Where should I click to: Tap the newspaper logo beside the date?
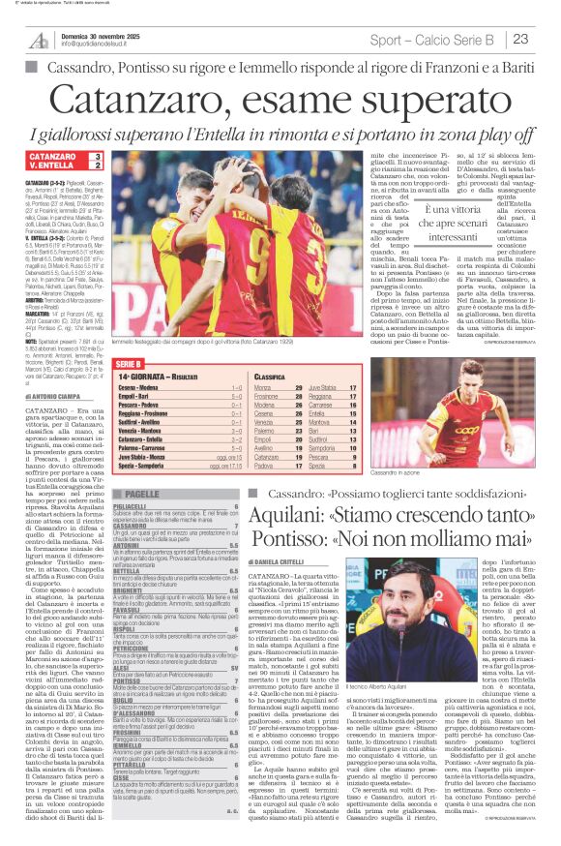[38, 40]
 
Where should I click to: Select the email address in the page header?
[102, 45]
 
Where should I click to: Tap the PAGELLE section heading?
[142, 494]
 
